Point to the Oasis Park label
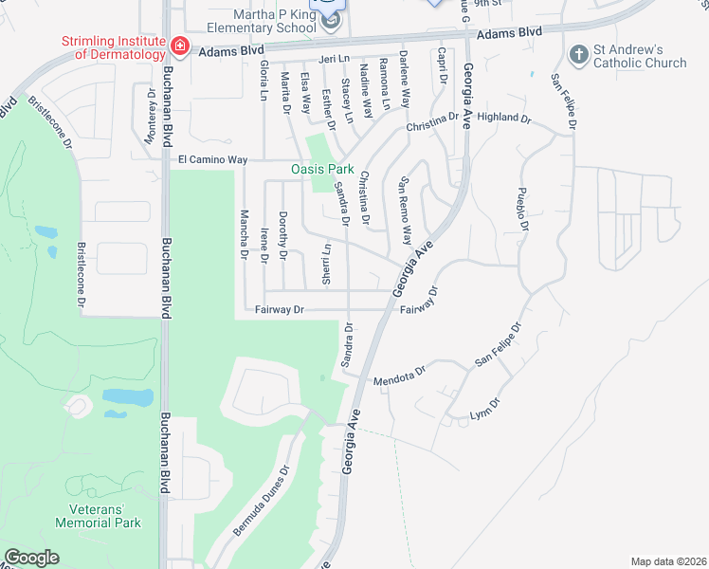321,170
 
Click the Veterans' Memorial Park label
98,516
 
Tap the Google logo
32,558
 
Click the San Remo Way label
406,209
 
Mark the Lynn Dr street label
484,411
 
